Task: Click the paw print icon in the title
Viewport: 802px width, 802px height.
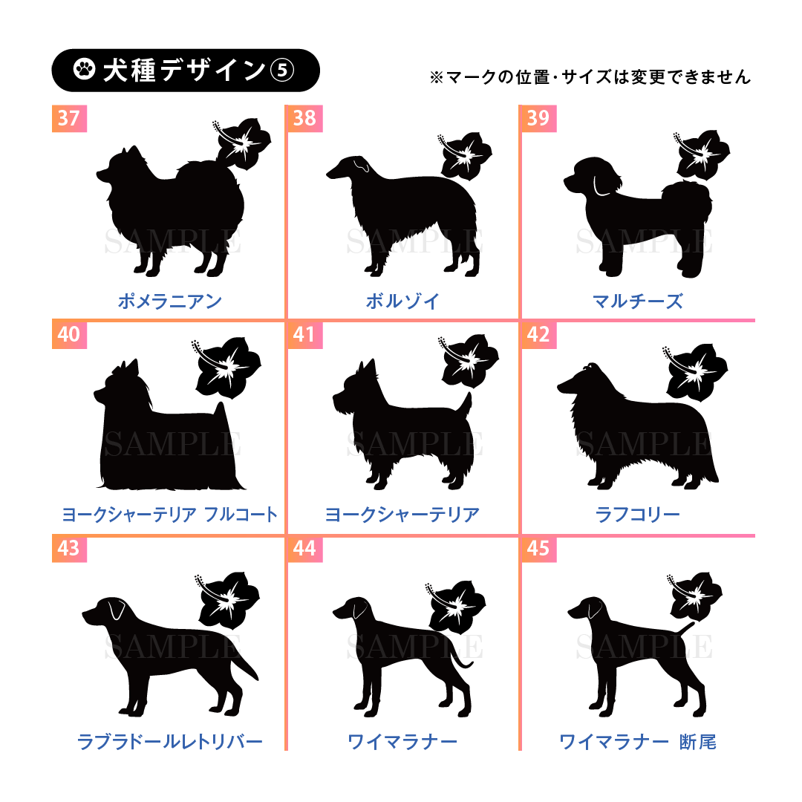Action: click(x=84, y=70)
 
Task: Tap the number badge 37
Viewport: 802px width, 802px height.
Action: click(x=70, y=118)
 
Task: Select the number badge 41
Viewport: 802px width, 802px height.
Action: click(x=305, y=334)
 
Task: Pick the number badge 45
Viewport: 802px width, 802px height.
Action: click(x=538, y=548)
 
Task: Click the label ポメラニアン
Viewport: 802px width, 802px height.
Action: click(x=170, y=301)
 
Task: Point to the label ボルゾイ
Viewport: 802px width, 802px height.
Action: click(x=402, y=301)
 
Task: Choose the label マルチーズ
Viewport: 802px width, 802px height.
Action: click(x=638, y=301)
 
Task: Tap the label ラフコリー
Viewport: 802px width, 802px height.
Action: click(x=638, y=514)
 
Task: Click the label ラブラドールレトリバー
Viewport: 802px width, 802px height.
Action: click(x=170, y=741)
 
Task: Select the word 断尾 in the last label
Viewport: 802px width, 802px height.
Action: click(x=697, y=741)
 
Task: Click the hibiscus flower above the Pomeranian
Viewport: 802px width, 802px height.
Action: click(x=241, y=144)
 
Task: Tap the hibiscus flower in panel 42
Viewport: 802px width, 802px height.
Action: click(x=695, y=372)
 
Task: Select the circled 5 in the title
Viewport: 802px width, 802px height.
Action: click(x=282, y=70)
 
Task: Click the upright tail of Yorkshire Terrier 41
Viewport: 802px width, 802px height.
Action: click(x=464, y=404)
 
